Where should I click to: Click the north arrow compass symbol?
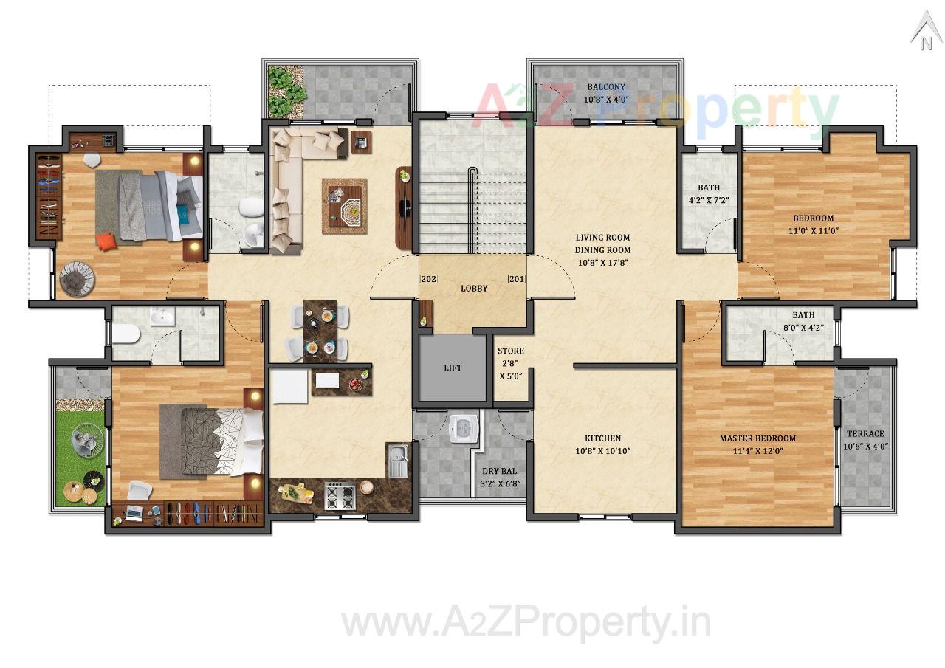(925, 33)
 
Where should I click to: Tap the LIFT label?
(453, 368)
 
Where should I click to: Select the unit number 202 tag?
(428, 279)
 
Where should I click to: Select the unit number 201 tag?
(516, 279)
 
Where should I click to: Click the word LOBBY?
(474, 288)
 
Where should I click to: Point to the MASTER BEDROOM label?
(757, 438)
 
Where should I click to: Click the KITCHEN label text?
(602, 438)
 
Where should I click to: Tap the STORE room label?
(510, 351)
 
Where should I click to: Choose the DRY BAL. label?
(501, 471)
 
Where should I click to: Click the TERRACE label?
(865, 434)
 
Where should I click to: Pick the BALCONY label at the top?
(606, 87)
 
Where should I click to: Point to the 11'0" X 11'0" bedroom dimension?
(814, 230)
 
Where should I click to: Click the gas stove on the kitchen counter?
(340, 495)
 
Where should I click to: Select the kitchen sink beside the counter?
(396, 461)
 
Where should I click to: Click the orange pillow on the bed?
(106, 241)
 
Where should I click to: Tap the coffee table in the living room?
(344, 206)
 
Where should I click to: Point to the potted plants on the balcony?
(285, 92)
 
